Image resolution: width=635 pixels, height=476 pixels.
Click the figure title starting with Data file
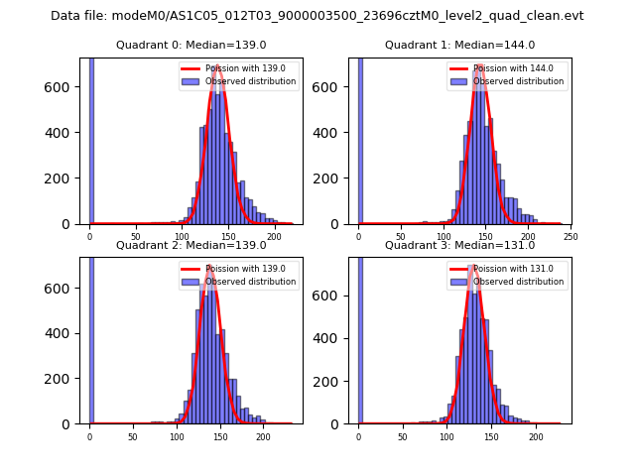pos(317,16)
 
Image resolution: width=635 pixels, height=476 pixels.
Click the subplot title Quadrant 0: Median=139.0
pos(190,45)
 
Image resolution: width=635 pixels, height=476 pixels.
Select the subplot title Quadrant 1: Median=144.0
pos(459,45)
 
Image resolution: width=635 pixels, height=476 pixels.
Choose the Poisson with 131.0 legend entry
pos(511,269)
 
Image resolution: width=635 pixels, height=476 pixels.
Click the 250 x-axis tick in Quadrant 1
pos(570,237)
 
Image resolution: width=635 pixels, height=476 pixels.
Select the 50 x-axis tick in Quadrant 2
pos(133,436)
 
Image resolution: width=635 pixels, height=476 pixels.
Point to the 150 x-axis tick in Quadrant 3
pos(491,436)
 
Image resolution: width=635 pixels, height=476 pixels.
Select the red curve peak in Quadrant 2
pos(210,267)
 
